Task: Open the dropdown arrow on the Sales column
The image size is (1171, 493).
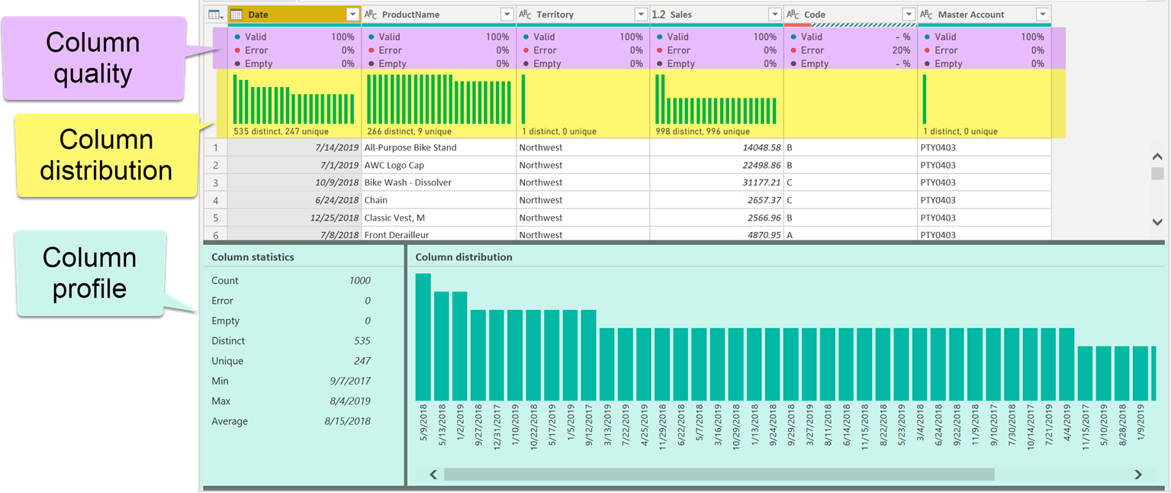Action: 774,14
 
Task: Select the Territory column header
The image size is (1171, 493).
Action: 555,14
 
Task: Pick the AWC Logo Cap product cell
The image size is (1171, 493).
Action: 394,165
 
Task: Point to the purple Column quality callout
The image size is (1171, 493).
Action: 93,58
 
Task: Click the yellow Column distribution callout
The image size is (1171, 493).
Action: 106,155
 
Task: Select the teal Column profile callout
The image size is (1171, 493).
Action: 89,273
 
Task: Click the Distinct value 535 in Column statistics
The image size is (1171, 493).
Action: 362,341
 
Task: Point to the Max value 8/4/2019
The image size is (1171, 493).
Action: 347,401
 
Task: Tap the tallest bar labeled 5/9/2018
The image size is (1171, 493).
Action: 423,337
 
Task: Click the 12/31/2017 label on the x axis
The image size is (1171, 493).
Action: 497,427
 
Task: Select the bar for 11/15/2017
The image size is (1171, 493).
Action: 1086,373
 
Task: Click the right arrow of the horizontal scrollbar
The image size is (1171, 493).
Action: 1138,475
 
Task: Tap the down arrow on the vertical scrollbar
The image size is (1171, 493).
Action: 1157,221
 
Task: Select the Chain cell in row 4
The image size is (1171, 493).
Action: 376,200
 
